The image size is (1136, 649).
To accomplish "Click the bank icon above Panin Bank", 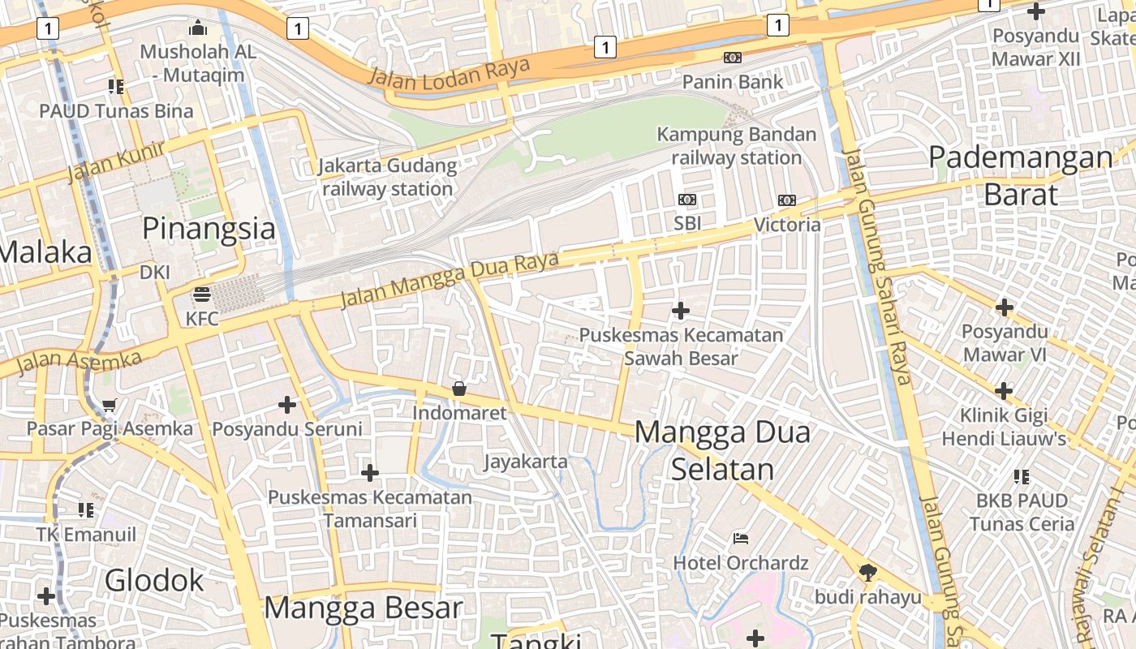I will [733, 58].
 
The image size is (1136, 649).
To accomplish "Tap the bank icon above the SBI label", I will [687, 200].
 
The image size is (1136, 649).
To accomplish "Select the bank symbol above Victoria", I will [787, 200].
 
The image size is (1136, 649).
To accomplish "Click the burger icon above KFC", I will [202, 294].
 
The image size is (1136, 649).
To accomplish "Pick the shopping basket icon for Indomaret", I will [459, 389].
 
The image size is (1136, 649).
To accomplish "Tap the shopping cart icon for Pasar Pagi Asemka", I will [110, 405].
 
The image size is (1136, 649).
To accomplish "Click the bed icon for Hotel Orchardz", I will [741, 538].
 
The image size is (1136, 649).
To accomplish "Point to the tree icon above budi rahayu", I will [868, 573].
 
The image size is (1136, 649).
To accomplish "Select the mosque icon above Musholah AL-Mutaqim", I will [198, 29].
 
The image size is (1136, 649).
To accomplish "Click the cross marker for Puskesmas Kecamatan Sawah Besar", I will [681, 311].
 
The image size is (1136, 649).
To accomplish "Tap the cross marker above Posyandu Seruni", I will [287, 404].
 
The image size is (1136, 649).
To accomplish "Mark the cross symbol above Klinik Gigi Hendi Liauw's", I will [1004, 391].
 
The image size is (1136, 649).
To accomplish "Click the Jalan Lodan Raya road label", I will [449, 72].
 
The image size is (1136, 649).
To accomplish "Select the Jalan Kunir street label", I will [116, 161].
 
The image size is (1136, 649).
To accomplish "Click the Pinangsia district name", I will [209, 229].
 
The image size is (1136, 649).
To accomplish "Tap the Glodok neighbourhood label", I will [155, 581].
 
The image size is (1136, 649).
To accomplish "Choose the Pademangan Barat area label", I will [1021, 175].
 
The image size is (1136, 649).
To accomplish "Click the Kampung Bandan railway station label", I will [737, 146].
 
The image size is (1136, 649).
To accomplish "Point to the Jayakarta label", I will [526, 462].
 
